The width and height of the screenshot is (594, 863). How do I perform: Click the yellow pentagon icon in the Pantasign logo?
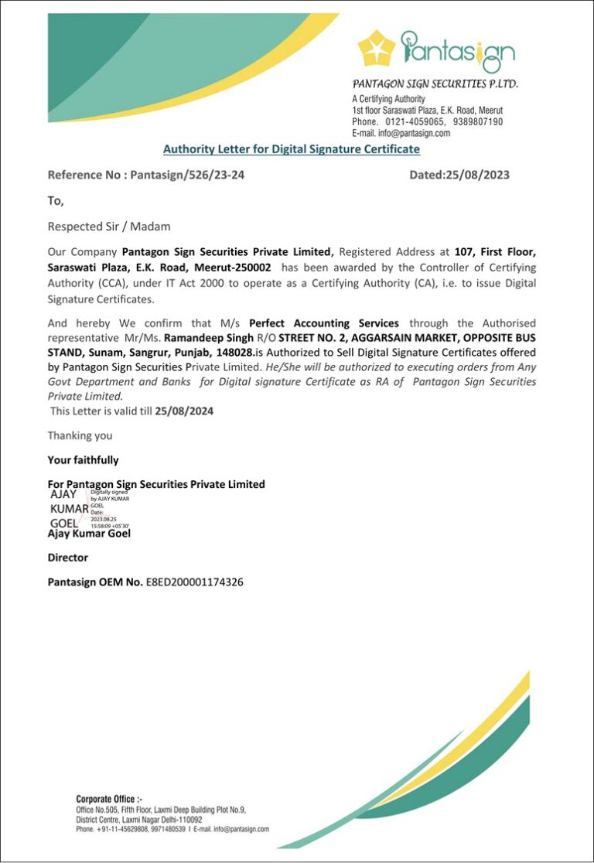(377, 47)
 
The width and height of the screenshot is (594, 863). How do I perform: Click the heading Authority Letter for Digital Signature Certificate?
(291, 149)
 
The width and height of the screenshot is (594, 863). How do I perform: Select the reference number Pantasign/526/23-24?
(187, 175)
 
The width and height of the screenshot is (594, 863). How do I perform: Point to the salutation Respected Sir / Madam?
(109, 227)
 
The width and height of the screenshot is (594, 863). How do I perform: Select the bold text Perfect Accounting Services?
(324, 323)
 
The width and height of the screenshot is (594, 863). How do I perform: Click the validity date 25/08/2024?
(184, 411)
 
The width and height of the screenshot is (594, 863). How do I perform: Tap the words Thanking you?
(80, 435)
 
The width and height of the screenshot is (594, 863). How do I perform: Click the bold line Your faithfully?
(83, 460)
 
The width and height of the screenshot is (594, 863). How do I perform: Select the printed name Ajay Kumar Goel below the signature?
(89, 534)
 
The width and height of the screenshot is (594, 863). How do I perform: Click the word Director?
(68, 558)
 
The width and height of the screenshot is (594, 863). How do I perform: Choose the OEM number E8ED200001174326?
(194, 582)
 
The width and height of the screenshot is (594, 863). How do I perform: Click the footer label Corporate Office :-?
(109, 799)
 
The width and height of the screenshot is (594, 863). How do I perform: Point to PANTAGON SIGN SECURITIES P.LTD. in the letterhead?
(435, 84)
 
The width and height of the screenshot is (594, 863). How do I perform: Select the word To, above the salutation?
(56, 201)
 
